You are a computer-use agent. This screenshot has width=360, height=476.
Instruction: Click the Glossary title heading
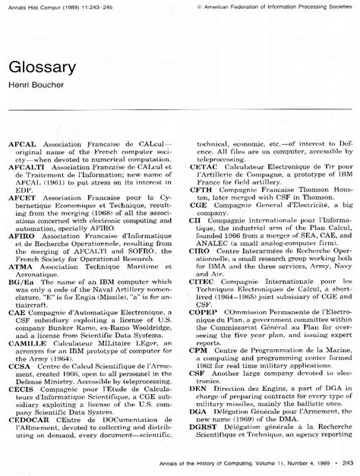pos(43,67)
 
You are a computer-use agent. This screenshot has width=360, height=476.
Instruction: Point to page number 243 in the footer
pos(349,463)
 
